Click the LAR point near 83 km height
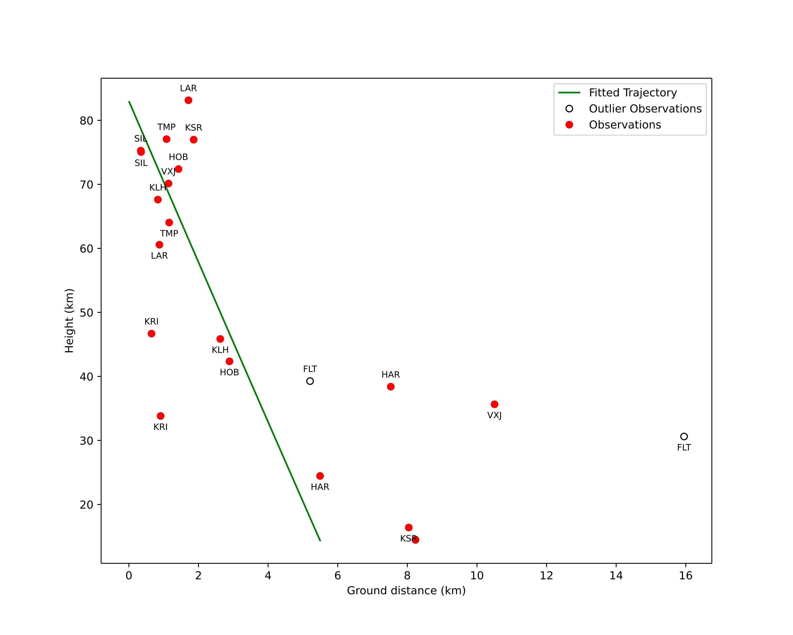click(188, 100)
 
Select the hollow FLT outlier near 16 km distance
click(684, 437)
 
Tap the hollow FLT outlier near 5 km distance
click(310, 381)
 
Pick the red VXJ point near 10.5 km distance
click(494, 404)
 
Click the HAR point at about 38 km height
click(391, 387)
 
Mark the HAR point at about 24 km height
click(320, 476)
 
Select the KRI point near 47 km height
click(151, 334)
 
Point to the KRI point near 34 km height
click(160, 416)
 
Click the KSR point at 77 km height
click(194, 140)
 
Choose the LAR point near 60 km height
click(159, 245)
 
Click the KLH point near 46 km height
click(220, 339)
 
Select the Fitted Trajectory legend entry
click(618, 93)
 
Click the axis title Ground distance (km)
click(406, 591)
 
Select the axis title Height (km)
click(70, 321)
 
